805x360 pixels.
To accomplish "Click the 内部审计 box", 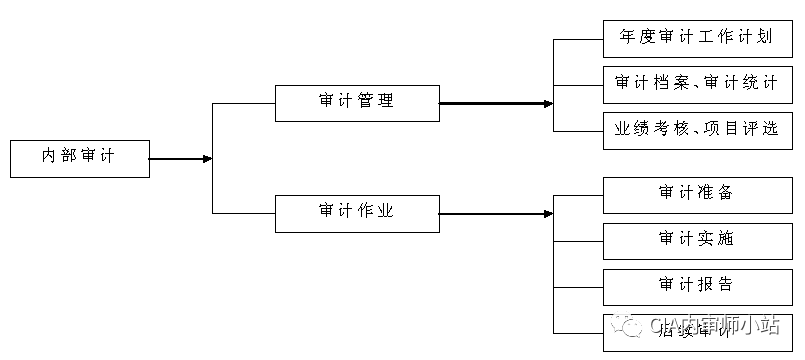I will [x=79, y=158].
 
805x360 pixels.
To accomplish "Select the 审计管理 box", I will [x=356, y=102].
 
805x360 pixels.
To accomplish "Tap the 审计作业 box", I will [x=356, y=213].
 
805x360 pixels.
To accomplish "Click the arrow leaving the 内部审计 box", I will [x=180, y=158].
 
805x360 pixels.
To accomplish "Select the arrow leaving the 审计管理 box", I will [x=495, y=103].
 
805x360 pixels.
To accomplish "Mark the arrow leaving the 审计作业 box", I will [x=495, y=213].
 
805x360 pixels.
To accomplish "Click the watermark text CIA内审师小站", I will [x=714, y=327].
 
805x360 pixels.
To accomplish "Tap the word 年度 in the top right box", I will [x=633, y=38].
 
